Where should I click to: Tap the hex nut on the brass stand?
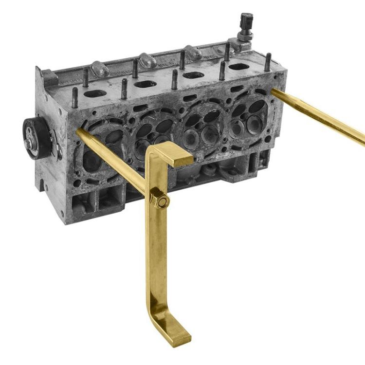(159, 200)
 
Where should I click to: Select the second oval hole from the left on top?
(145, 84)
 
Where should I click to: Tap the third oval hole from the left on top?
(193, 75)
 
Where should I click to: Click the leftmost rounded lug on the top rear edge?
(99, 69)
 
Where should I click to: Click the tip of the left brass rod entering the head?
(79, 131)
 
